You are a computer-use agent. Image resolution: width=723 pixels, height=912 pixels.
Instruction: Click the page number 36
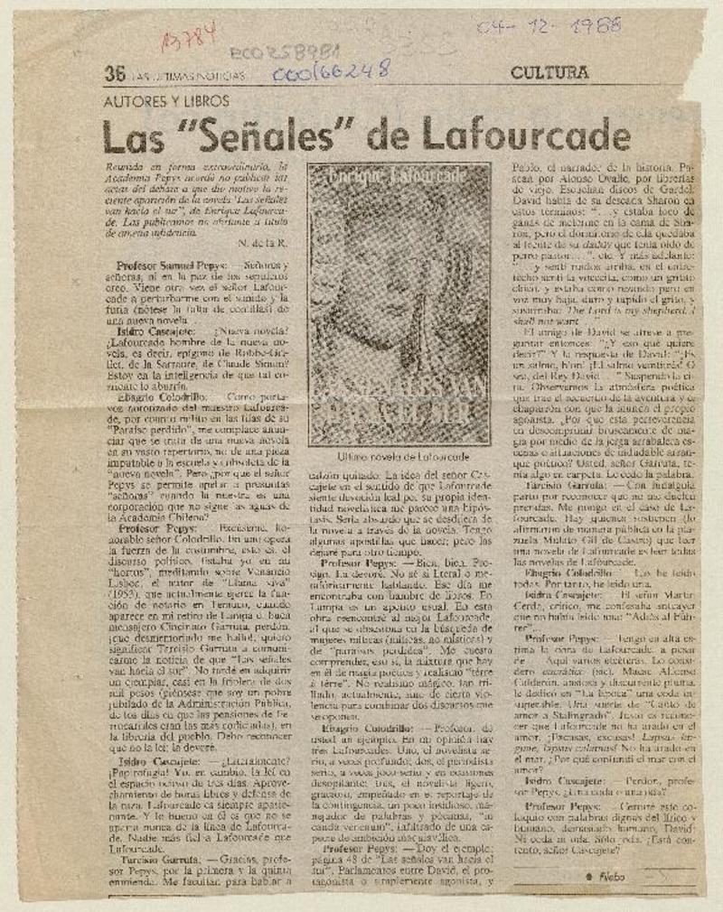point(114,75)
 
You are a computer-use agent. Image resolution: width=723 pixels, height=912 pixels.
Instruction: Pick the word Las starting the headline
point(136,136)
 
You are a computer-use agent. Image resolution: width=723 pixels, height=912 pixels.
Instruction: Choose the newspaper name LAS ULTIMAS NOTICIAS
point(177,77)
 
